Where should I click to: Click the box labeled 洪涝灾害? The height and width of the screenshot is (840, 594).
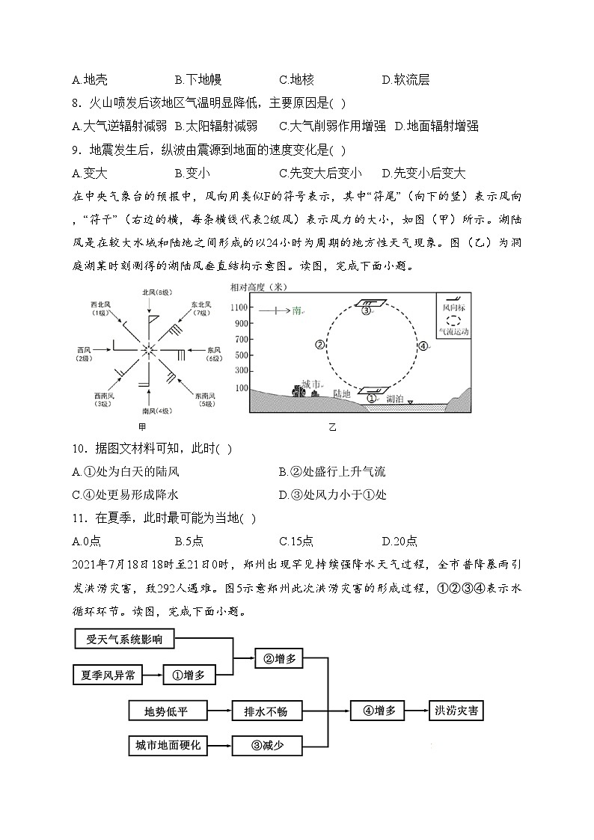[x=456, y=711]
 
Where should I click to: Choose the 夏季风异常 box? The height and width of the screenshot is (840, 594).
[x=108, y=675]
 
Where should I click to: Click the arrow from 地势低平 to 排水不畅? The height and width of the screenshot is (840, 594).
[x=219, y=711]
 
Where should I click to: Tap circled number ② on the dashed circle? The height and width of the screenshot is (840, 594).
[x=319, y=345]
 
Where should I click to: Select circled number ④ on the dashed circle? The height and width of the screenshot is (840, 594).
[x=422, y=346]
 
